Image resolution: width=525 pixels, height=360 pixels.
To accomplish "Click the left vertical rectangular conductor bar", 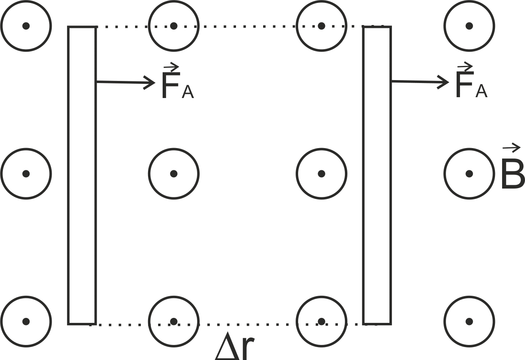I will [x=82, y=175].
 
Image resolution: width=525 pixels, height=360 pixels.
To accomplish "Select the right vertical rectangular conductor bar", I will [x=377, y=175].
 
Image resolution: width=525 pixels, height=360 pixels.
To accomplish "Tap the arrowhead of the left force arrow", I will [x=151, y=83].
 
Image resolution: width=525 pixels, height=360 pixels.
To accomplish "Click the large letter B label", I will [x=512, y=175].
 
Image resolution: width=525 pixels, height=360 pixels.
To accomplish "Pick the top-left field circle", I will [x=26, y=26].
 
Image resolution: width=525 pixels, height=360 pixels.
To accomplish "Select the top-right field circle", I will [x=469, y=26].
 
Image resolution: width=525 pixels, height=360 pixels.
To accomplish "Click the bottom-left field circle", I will [x=26, y=321].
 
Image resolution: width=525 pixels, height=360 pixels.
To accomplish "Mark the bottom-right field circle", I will [x=469, y=321].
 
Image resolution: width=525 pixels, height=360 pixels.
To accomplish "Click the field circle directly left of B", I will [x=469, y=174].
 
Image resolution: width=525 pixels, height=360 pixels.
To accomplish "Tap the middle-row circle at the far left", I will [x=26, y=174].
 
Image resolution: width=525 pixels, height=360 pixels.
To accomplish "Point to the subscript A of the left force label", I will [x=188, y=92].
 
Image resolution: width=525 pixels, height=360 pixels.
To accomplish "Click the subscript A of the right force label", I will [x=481, y=91].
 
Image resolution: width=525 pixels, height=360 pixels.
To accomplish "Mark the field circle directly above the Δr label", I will [x=174, y=321].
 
